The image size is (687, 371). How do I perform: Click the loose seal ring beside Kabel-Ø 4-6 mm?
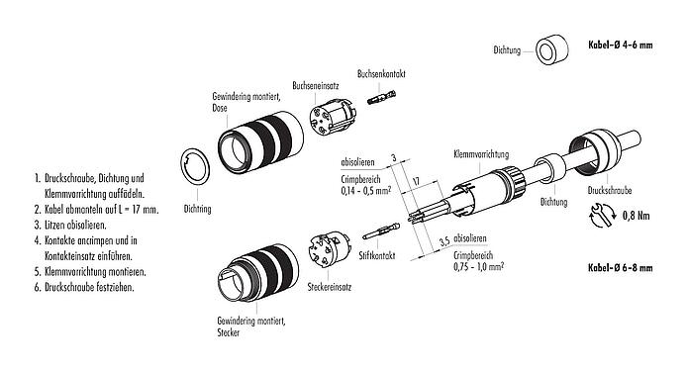(x=550, y=50)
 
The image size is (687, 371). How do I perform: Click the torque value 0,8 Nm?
(x=637, y=214)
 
